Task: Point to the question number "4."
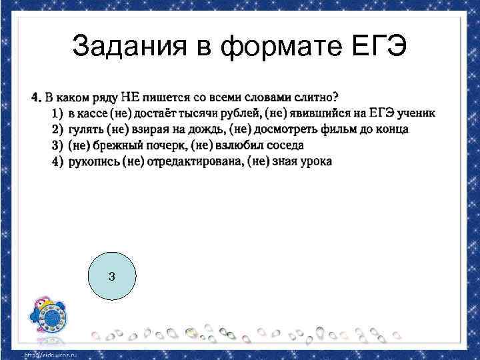point(37,98)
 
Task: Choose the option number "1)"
point(57,113)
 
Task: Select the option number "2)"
point(57,129)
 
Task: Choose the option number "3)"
point(57,145)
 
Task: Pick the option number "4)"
point(57,161)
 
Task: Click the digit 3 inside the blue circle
point(111,276)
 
